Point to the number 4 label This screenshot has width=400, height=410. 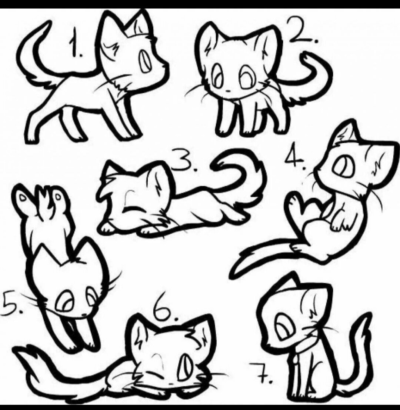296,159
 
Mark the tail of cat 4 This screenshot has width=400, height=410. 264,255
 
